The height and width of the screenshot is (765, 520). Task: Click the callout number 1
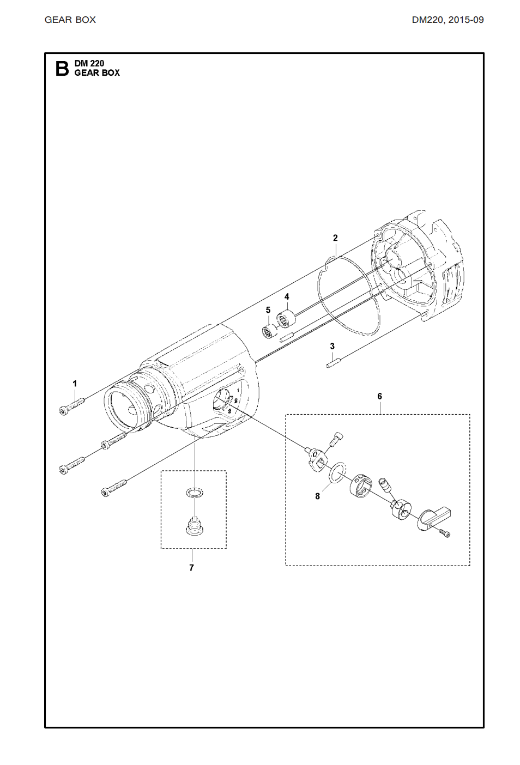click(75, 384)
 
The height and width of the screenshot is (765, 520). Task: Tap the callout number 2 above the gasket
click(335, 238)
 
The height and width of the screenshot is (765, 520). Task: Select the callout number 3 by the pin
click(332, 347)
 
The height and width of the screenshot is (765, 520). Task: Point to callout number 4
click(287, 296)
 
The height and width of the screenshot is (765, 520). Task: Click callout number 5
click(268, 310)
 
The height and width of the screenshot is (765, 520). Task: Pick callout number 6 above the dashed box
click(379, 396)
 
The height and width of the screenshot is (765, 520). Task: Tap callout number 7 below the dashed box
click(191, 568)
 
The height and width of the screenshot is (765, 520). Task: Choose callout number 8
click(317, 496)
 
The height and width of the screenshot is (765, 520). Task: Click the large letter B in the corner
click(62, 68)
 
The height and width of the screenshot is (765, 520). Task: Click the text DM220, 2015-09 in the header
click(448, 20)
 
